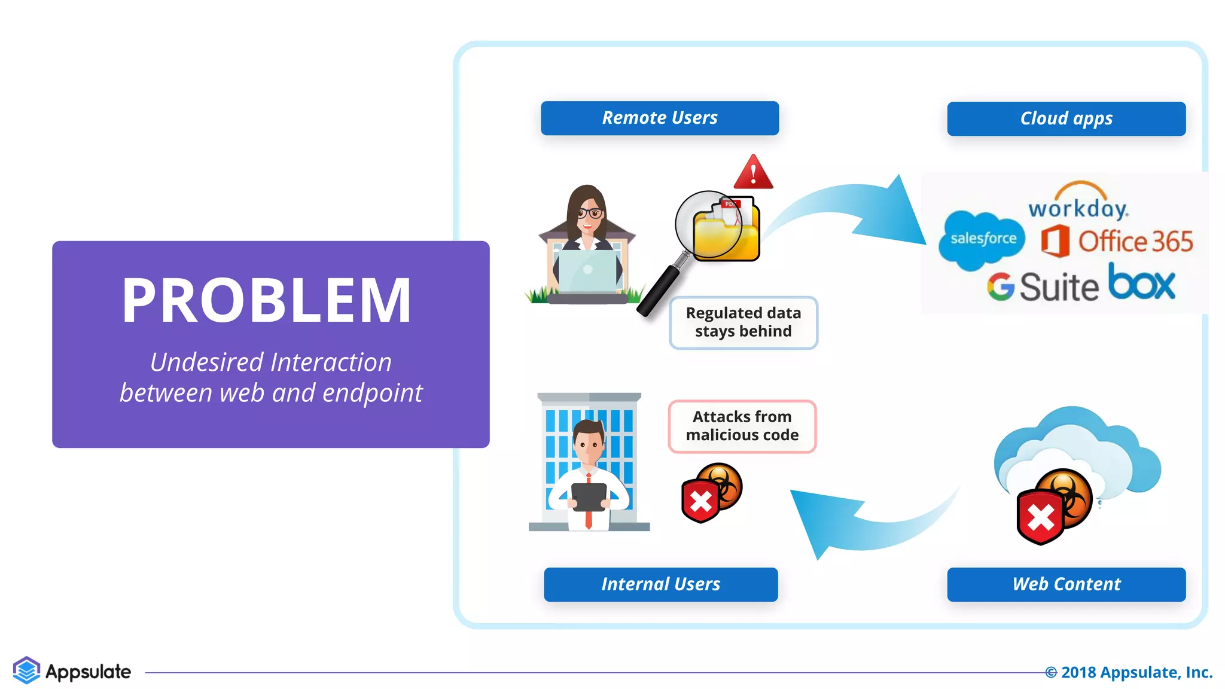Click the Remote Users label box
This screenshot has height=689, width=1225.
coord(660,118)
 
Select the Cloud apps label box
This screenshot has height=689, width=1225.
coord(1066,118)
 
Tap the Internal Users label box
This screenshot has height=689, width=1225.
coord(660,584)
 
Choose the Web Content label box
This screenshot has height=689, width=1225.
coord(1066,584)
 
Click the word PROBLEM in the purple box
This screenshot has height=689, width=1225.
coord(267,300)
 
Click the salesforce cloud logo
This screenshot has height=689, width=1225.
coord(982,239)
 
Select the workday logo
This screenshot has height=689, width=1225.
coord(1078,204)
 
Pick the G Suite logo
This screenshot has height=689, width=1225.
coord(1043,286)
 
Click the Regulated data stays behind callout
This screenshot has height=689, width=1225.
coord(743,322)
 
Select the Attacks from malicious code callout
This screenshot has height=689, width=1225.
coord(742,426)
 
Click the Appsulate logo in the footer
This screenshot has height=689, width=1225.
coord(72,671)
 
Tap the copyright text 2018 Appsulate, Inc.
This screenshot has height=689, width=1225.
coord(1129,672)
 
